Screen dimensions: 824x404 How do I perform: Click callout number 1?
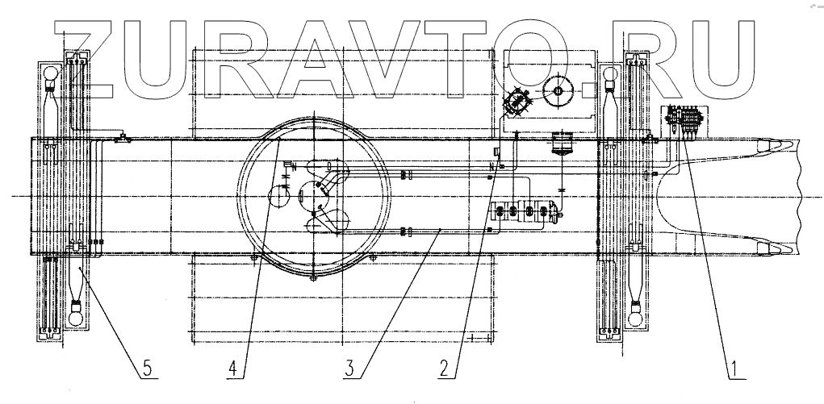[735, 369]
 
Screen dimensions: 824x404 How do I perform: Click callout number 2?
[445, 369]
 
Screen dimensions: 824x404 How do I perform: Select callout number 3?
[349, 369]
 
